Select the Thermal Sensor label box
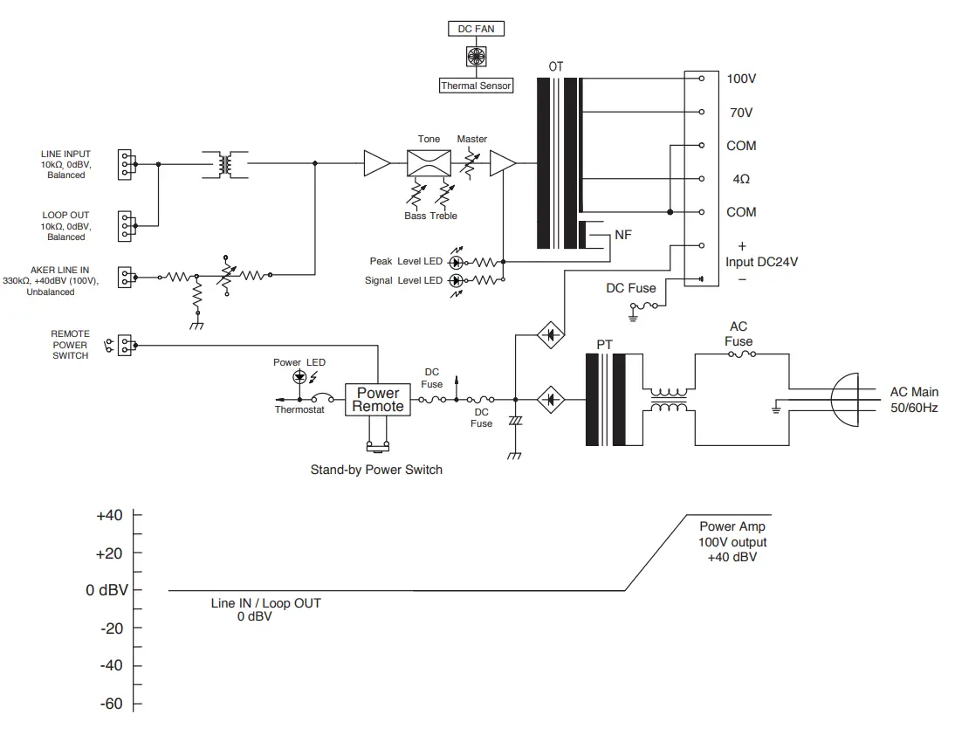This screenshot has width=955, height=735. click(476, 86)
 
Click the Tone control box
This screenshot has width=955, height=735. click(429, 163)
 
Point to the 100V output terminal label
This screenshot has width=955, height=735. click(741, 79)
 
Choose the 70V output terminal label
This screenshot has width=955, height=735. click(739, 113)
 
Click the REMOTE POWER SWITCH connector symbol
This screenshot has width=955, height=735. click(124, 345)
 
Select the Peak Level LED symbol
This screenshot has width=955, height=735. click(456, 261)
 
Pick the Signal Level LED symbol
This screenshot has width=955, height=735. click(456, 280)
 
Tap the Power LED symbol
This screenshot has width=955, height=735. click(301, 377)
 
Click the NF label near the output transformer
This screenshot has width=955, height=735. click(623, 235)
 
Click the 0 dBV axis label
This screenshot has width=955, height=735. click(106, 590)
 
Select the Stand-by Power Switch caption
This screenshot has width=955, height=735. click(376, 470)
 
